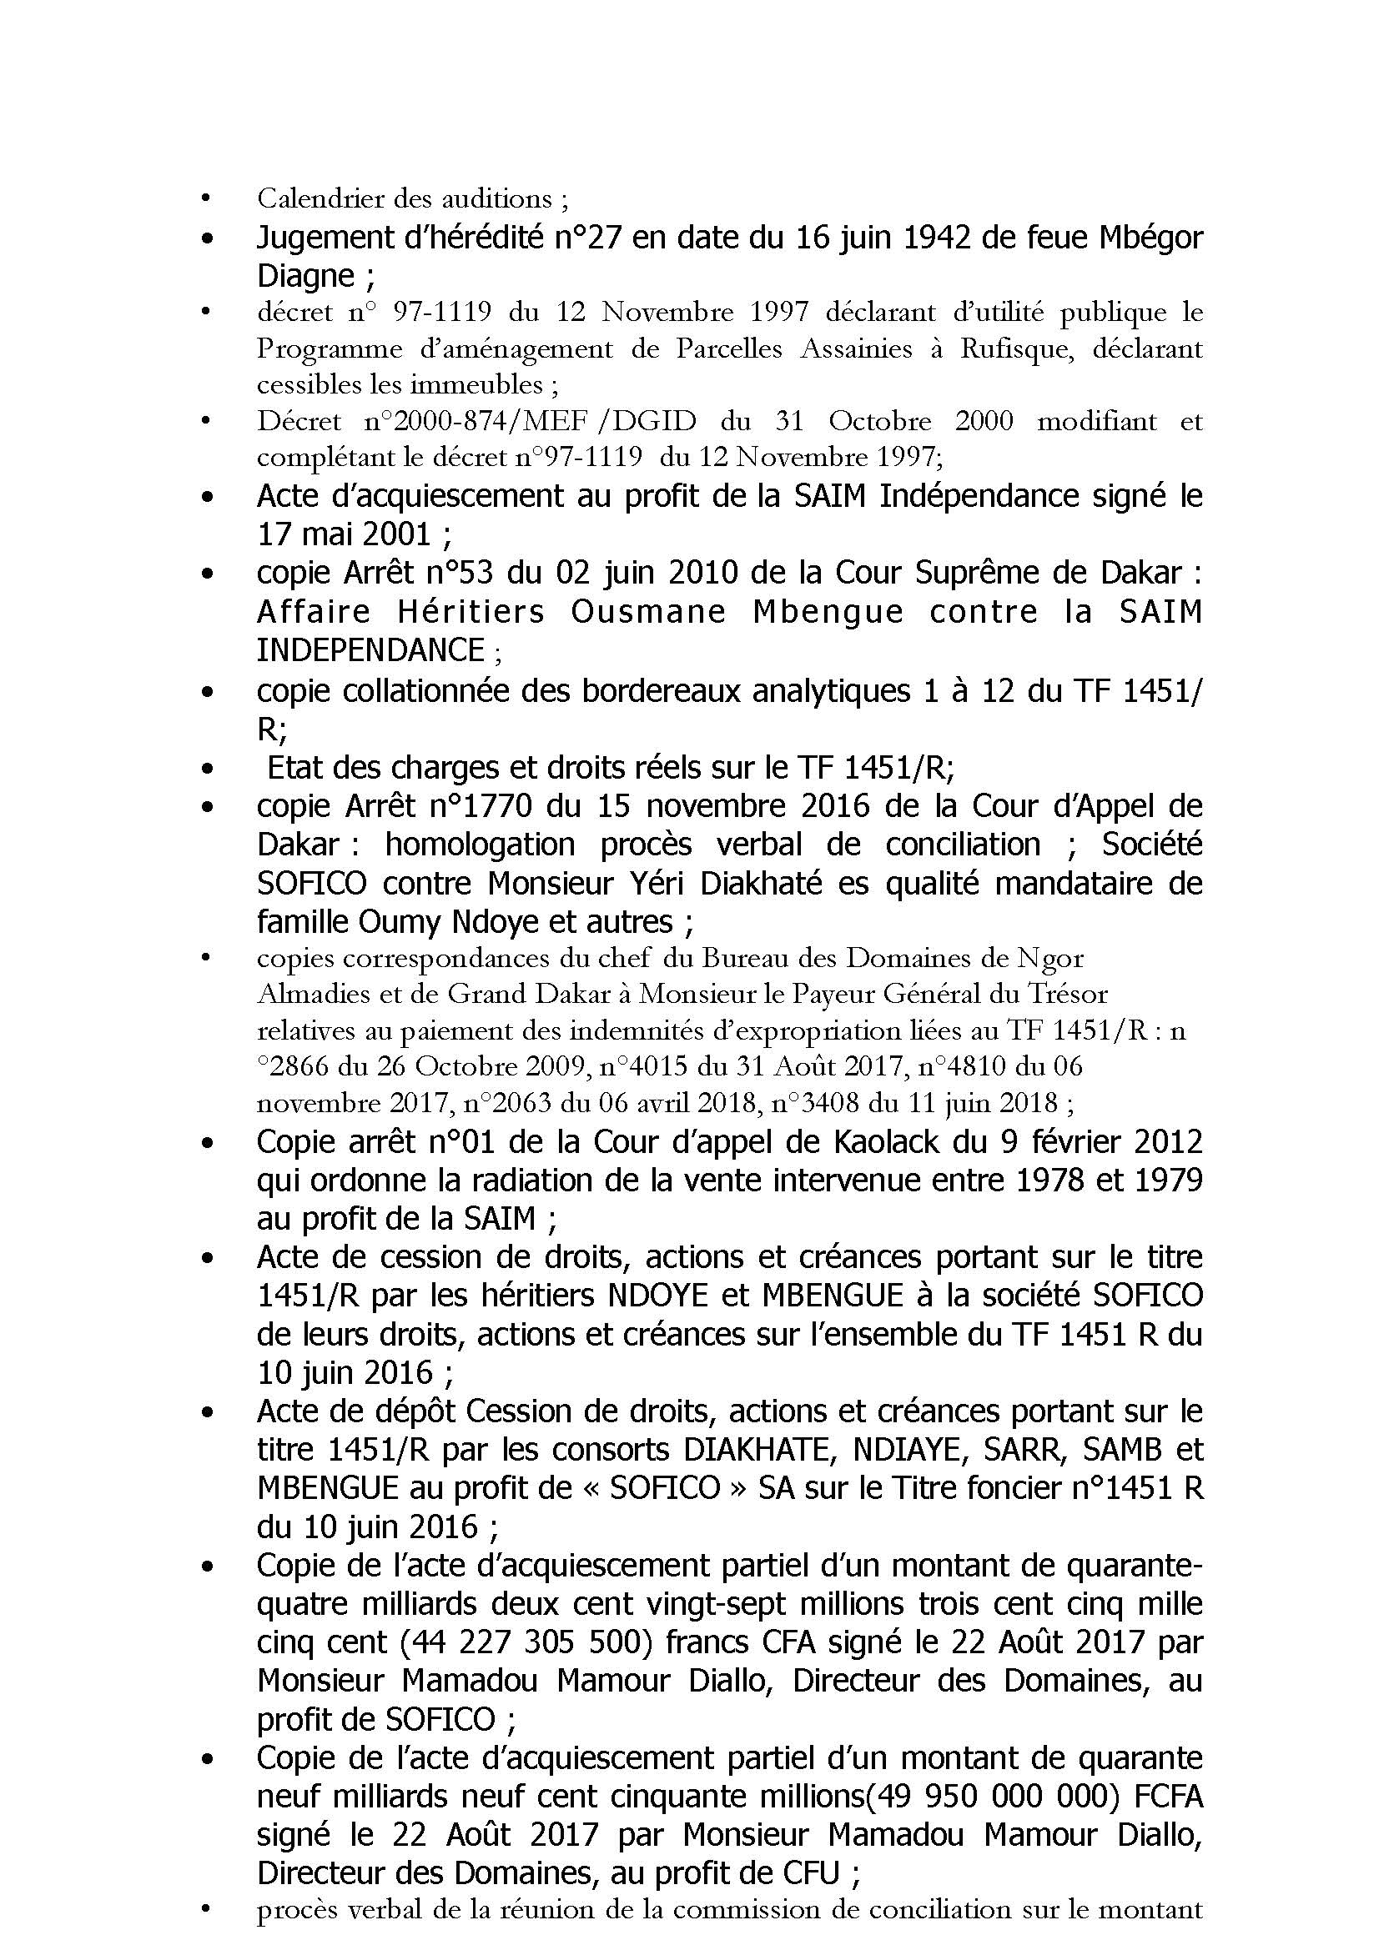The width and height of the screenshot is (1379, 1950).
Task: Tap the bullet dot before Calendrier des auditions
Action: (x=204, y=199)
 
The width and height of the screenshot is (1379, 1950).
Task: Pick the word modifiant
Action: (x=1097, y=421)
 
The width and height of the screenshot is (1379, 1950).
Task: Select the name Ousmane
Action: (x=647, y=613)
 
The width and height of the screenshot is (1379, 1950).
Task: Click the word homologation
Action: (x=480, y=845)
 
